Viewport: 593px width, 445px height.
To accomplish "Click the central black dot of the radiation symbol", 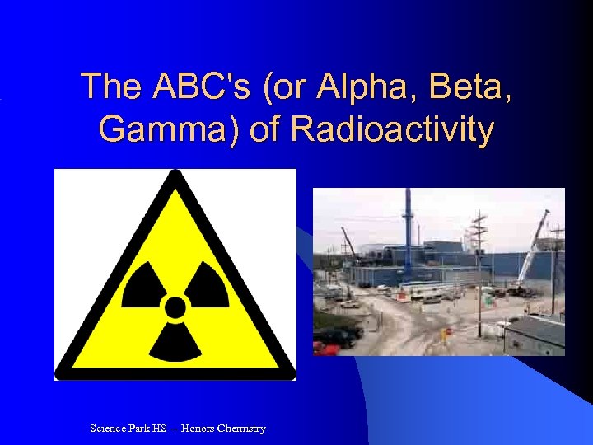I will (x=175, y=308).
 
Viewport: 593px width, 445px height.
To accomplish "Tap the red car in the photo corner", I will (x=326, y=349).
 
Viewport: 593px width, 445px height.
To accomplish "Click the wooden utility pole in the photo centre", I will (x=479, y=272).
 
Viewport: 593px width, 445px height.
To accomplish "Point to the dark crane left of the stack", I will (x=349, y=243).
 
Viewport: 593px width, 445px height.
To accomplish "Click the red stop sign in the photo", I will (x=447, y=332).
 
